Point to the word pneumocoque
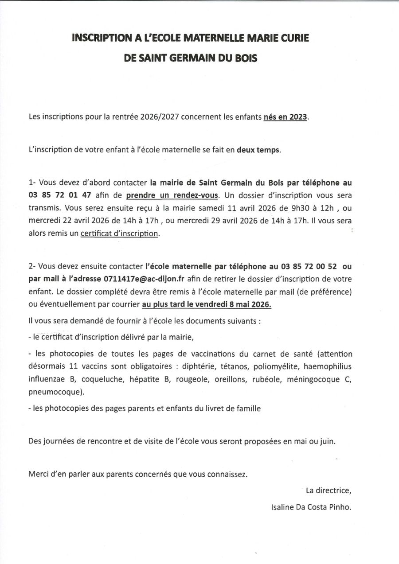tap(55, 392)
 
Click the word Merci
tap(39, 474)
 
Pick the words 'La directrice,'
tap(328, 490)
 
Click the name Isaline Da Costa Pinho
tap(311, 507)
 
